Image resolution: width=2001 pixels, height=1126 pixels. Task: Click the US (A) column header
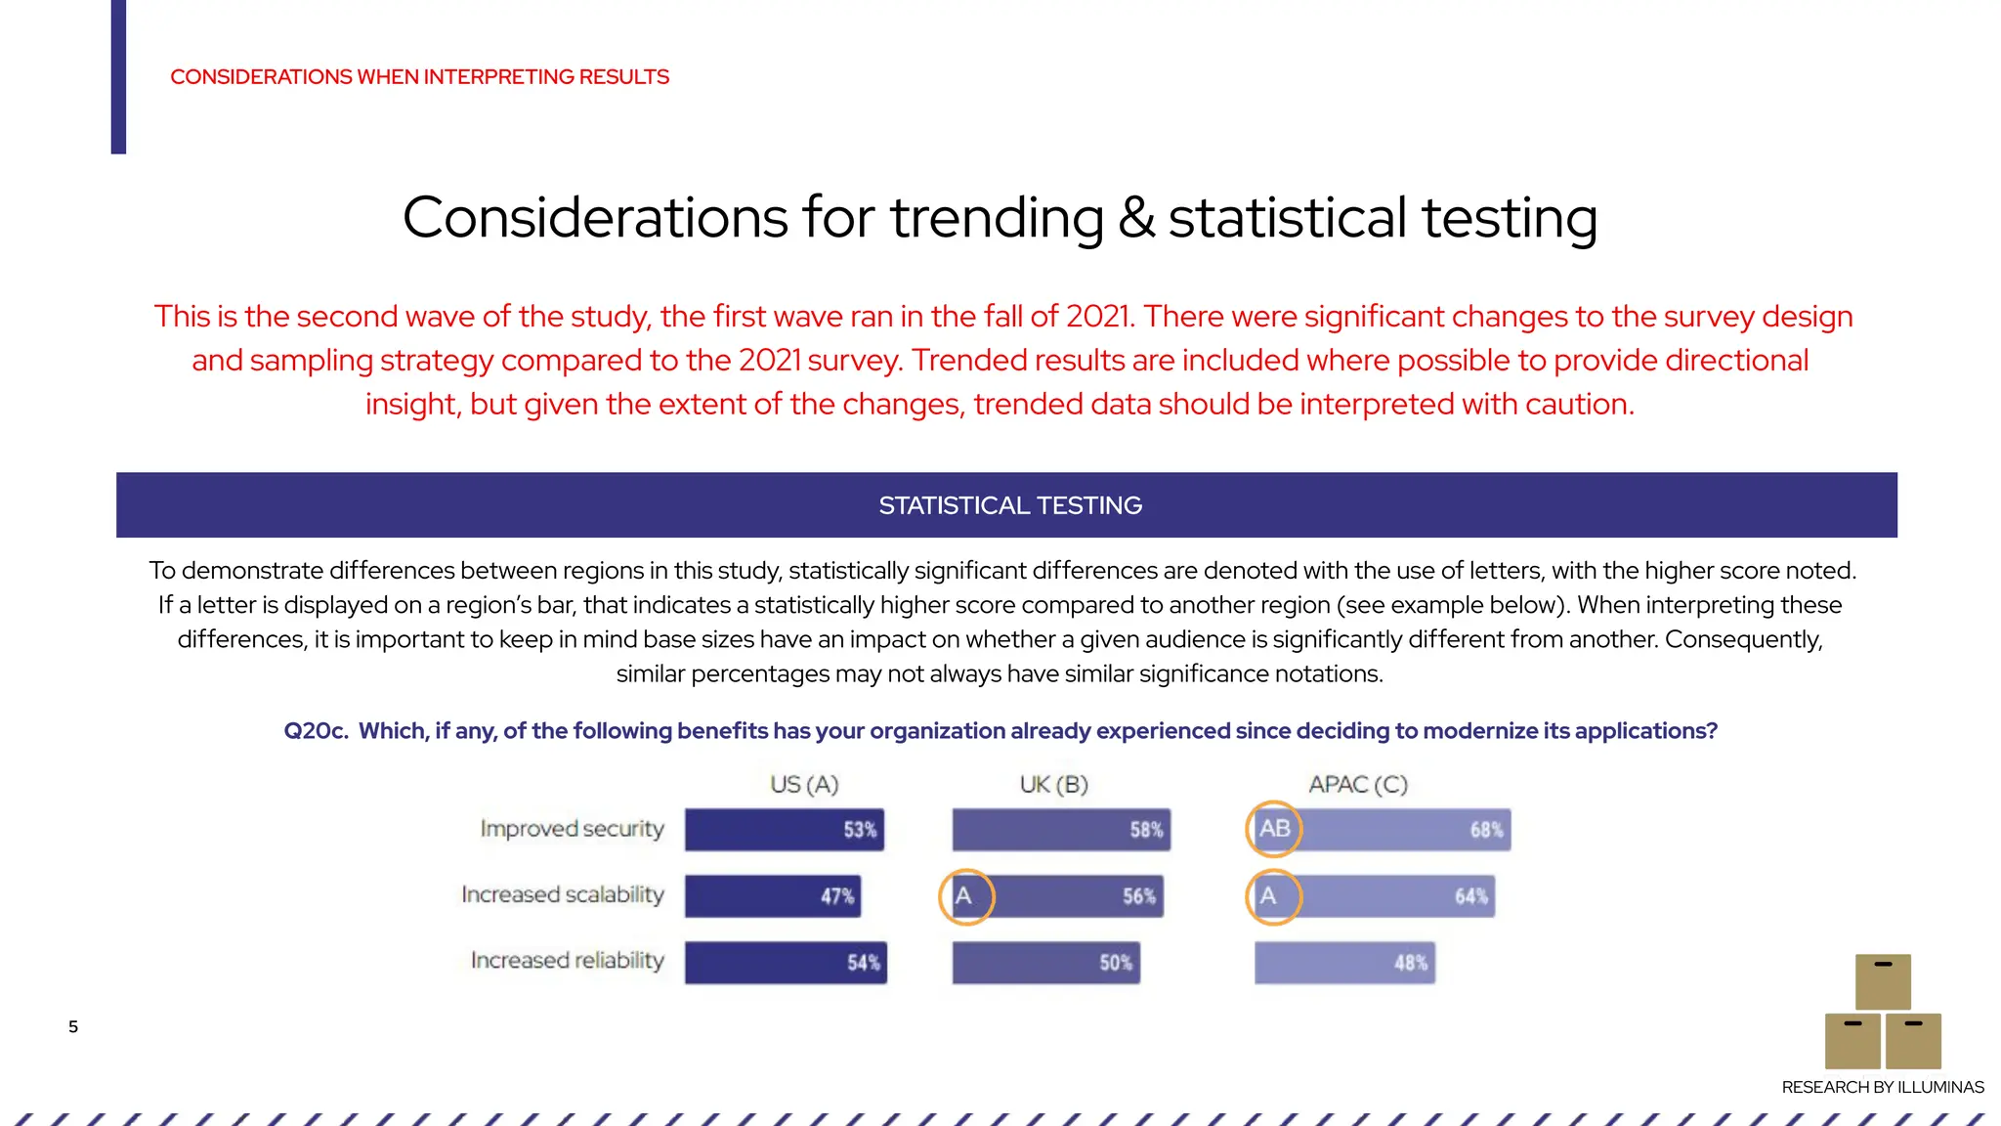pyautogui.click(x=804, y=785)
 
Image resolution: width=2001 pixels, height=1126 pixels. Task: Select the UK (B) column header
pyautogui.click(x=1053, y=785)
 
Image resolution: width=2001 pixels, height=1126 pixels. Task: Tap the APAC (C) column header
pyautogui.click(x=1358, y=785)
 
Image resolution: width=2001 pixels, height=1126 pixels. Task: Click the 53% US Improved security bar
pyautogui.click(x=785, y=830)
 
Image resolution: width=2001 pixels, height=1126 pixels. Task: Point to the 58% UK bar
pyautogui.click(x=1061, y=830)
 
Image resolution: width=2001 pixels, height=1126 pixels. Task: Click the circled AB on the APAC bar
pyautogui.click(x=1274, y=829)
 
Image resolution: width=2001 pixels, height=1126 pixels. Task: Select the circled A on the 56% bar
pyautogui.click(x=965, y=896)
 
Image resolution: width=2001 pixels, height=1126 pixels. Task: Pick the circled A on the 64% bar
pyautogui.click(x=1271, y=896)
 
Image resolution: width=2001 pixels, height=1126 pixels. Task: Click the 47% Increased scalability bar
pyautogui.click(x=773, y=896)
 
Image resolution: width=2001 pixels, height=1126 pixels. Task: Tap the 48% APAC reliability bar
pyautogui.click(x=1344, y=963)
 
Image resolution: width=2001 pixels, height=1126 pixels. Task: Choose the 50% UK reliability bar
pyautogui.click(x=1045, y=963)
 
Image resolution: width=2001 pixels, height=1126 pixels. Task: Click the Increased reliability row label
pyautogui.click(x=567, y=961)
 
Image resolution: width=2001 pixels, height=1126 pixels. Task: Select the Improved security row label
pyautogui.click(x=572, y=829)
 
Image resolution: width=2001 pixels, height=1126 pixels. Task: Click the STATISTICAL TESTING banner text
pyautogui.click(x=1009, y=505)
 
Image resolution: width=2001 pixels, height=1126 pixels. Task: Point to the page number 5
pyautogui.click(x=73, y=1026)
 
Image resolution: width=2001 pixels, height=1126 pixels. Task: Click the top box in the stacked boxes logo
pyautogui.click(x=1883, y=981)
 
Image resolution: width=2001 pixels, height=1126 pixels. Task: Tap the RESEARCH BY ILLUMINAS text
pyautogui.click(x=1882, y=1087)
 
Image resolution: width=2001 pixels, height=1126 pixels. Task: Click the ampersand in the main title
pyautogui.click(x=1136, y=217)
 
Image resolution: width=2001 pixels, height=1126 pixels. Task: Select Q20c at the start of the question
pyautogui.click(x=316, y=731)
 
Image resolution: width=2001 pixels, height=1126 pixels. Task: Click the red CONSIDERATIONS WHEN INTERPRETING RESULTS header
pyautogui.click(x=419, y=77)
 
